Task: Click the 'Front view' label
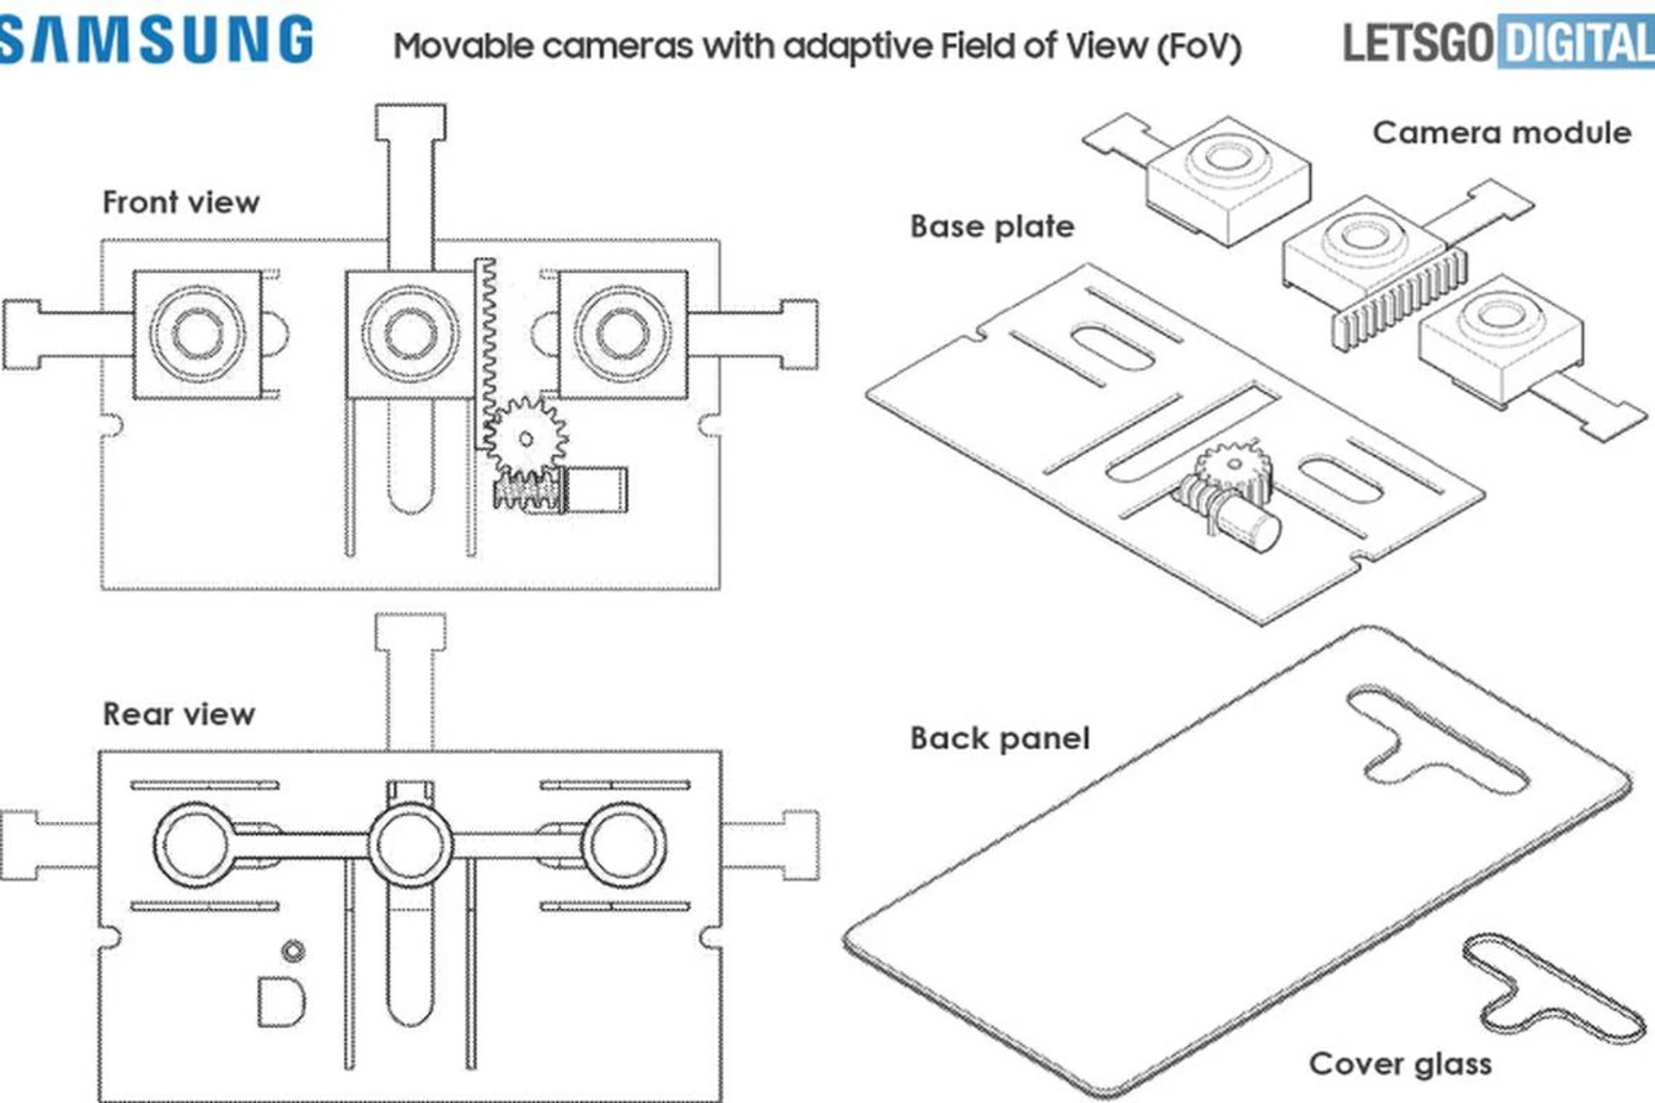tap(181, 203)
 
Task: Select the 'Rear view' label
tap(178, 714)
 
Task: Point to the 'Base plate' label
tap(992, 227)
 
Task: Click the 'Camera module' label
tap(1502, 133)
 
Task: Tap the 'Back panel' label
tap(1000, 738)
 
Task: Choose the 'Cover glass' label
tap(1400, 1064)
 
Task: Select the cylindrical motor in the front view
tap(596, 489)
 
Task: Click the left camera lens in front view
tap(197, 333)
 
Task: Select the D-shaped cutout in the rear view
tap(281, 1001)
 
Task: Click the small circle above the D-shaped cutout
tap(293, 950)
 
